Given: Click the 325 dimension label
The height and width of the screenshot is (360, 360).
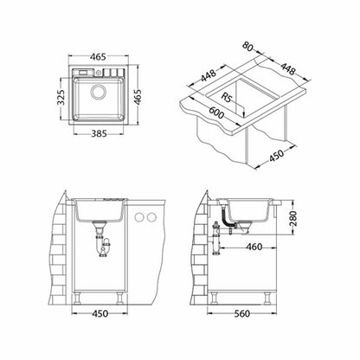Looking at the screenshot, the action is point(61,97).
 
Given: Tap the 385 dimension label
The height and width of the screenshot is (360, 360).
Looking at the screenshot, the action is point(99,133).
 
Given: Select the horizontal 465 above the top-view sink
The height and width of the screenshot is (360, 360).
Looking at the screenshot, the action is point(98,57).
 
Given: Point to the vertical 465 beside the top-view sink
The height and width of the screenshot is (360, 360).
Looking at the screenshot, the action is point(138,98).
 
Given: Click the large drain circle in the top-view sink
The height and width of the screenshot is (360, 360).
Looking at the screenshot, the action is point(99,92).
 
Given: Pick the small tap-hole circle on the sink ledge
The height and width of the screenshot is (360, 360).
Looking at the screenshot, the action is point(99,73).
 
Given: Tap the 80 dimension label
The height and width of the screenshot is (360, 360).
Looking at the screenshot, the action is point(247,47).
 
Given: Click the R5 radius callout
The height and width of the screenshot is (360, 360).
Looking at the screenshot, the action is point(227,97).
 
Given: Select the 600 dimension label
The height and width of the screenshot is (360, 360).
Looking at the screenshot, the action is point(216,112).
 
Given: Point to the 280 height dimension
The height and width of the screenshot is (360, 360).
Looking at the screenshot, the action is point(292,218).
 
